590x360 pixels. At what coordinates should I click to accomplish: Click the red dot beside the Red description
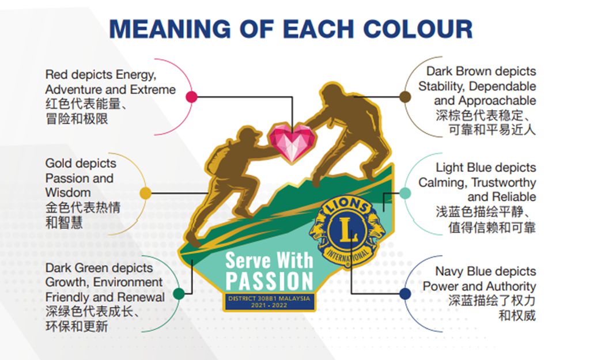pos(191,97)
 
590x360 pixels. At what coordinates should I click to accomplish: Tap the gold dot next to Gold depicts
pos(145,194)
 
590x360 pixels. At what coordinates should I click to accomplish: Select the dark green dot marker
pos(179,293)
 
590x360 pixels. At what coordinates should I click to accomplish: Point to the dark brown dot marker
pos(405,97)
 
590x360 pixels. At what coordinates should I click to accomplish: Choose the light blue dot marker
pos(405,194)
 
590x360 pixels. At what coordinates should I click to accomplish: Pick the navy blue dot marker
pos(405,293)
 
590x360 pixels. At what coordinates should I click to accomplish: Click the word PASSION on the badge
pos(270,281)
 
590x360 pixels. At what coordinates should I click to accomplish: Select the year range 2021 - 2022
pos(268,305)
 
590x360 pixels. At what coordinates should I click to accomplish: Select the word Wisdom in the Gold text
pos(68,192)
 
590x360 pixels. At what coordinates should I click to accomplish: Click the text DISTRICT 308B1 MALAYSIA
pos(269,298)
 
